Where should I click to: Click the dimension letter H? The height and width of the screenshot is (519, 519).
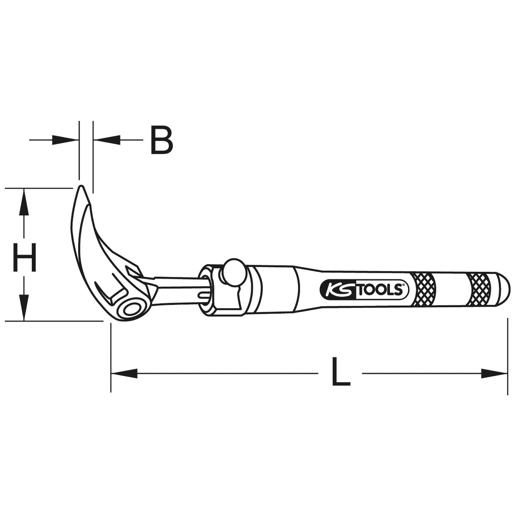coord(24,258)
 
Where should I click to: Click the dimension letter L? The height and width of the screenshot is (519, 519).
coord(341,371)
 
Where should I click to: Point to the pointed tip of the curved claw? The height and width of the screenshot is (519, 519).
coord(81,187)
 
